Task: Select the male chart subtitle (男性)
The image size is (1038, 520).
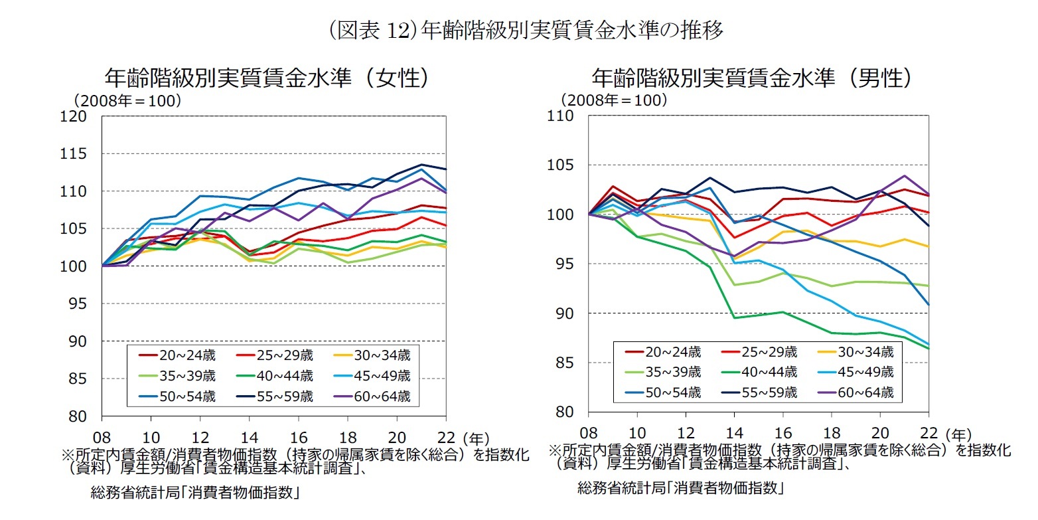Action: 751,78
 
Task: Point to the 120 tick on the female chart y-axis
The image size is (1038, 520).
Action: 77,116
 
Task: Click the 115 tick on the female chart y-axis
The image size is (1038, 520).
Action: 77,153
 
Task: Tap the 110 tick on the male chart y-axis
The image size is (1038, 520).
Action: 561,116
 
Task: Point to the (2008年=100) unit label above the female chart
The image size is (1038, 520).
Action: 126,101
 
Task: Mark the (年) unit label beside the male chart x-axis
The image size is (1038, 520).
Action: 959,433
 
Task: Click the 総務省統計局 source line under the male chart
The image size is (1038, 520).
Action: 680,488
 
